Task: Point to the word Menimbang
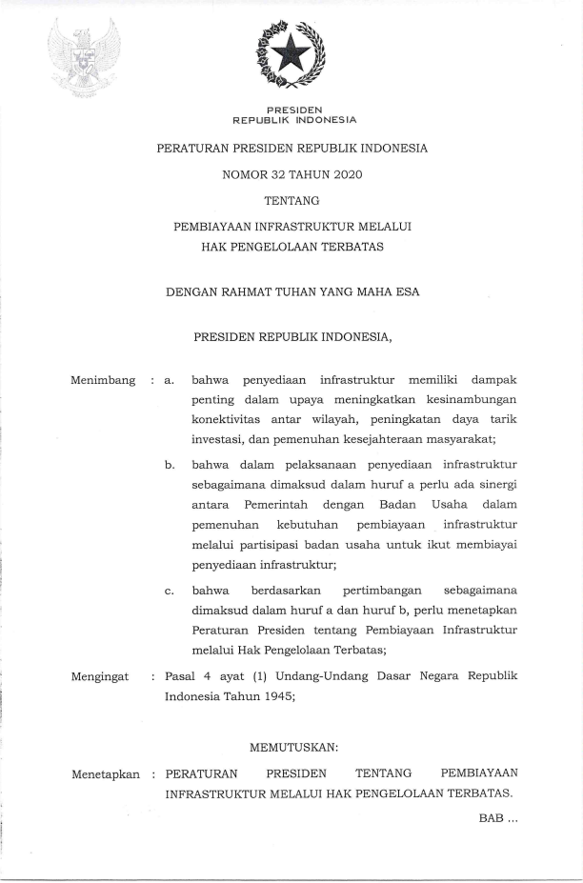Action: click(103, 382)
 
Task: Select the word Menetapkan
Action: click(105, 774)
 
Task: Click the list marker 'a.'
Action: click(169, 382)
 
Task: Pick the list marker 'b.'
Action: click(169, 465)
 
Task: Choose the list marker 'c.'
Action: click(169, 591)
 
